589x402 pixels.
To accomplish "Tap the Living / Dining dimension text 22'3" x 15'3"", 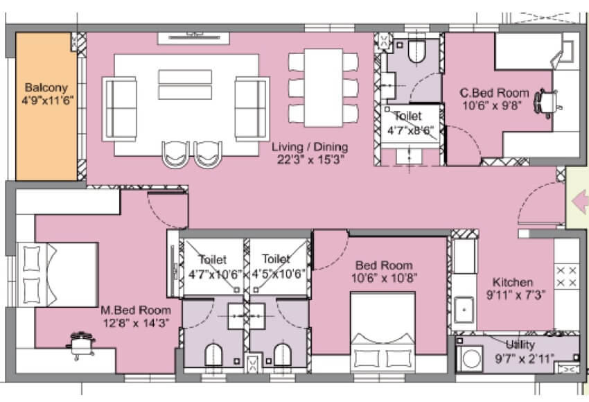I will click(310, 159).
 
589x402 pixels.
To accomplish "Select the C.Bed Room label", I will click(495, 93).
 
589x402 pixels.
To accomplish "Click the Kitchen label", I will click(513, 282).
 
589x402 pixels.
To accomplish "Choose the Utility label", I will click(520, 344).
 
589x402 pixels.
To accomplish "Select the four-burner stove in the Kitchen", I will click(568, 277).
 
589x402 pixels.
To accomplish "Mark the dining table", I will click(324, 87).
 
